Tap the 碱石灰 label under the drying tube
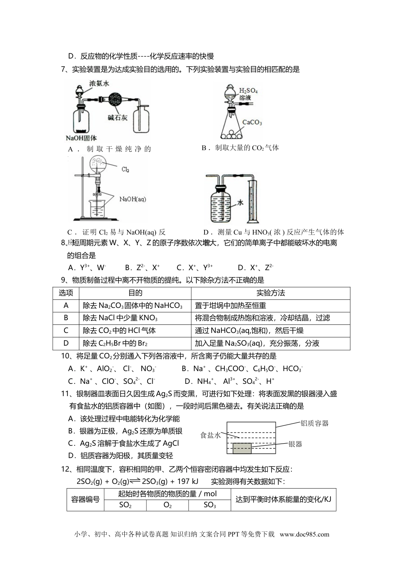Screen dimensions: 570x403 coord(118,117)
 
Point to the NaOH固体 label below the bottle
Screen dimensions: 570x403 coord(81,137)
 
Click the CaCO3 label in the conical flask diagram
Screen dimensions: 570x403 coord(252,122)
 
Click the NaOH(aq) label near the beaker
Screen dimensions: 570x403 coord(132,198)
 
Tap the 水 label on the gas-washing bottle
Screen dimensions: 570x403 coord(240,203)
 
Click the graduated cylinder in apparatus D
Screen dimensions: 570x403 coord(252,199)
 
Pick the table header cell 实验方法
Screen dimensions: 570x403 coord(271,293)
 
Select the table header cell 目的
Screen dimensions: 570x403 coord(135,293)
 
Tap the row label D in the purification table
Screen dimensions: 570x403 coord(66,343)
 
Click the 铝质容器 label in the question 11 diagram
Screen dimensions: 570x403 coord(314,423)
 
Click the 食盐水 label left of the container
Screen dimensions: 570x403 coord(210,435)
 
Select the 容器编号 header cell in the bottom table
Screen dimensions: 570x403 coord(86,499)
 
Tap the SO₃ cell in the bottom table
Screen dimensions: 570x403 coord(210,505)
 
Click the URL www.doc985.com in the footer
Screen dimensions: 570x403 coord(304,534)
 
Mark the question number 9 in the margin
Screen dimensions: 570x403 coord(64,280)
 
